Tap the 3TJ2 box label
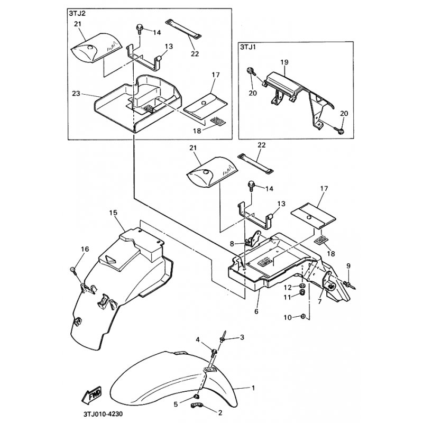point(77,14)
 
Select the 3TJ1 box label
point(248,48)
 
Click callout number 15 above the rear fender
point(113,213)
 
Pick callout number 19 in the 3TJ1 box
point(284,62)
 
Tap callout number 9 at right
point(348,265)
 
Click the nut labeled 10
point(303,317)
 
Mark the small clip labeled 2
point(197,406)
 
